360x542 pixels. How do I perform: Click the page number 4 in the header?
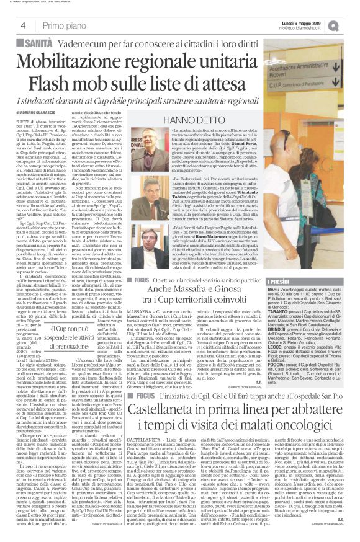tap(22, 25)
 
